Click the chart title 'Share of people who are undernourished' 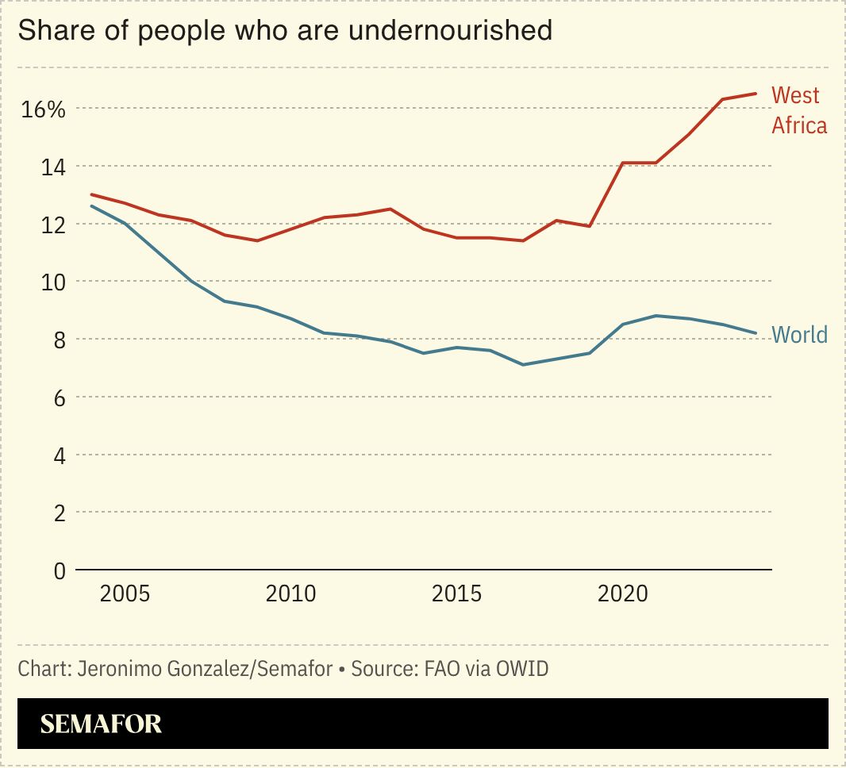click(x=285, y=30)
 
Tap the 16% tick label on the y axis click(x=43, y=109)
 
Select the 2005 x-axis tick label click(x=125, y=593)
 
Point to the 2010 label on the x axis click(x=290, y=593)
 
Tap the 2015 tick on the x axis click(x=456, y=593)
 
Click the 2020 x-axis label click(x=622, y=593)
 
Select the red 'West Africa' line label click(x=798, y=110)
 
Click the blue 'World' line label click(x=799, y=335)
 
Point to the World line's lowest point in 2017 click(x=523, y=365)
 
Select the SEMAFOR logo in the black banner click(x=101, y=724)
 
